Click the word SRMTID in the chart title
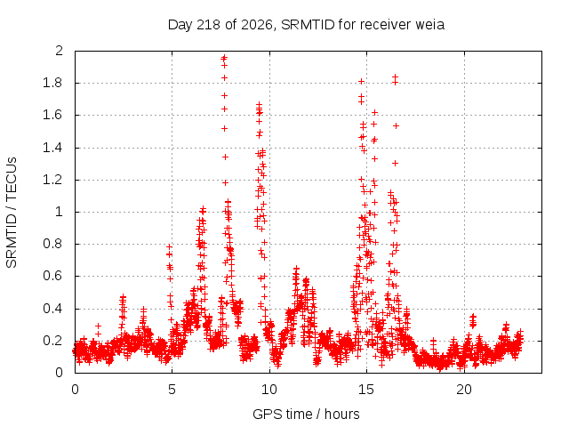click(x=308, y=25)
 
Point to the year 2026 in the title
click(x=256, y=25)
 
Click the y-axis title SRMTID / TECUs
click(x=12, y=213)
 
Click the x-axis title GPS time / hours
click(x=306, y=414)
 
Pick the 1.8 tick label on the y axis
click(x=52, y=83)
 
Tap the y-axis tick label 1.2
click(x=52, y=180)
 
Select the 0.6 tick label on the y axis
click(x=52, y=276)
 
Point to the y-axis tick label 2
click(x=60, y=51)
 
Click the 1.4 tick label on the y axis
click(x=52, y=149)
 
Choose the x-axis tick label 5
click(x=172, y=390)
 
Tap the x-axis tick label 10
click(x=269, y=390)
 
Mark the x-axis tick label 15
click(x=366, y=390)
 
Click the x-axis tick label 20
click(x=464, y=390)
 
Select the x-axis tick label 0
click(x=75, y=390)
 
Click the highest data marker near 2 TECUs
click(x=224, y=57)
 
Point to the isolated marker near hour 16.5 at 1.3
click(x=395, y=164)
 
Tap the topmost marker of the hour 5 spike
click(x=169, y=246)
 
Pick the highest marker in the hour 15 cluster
click(x=362, y=81)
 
